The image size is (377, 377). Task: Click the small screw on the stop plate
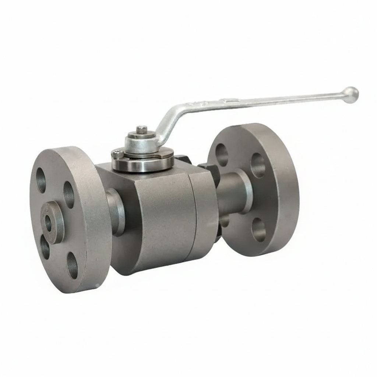[x=117, y=155]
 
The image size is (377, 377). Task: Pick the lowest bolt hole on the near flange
[x=72, y=265]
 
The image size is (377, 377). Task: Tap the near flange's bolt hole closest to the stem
[x=68, y=194]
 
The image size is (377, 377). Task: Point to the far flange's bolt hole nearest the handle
[x=221, y=155]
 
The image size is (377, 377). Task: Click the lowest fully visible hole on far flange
[x=258, y=230]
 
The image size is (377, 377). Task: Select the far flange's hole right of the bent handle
[x=258, y=165]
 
